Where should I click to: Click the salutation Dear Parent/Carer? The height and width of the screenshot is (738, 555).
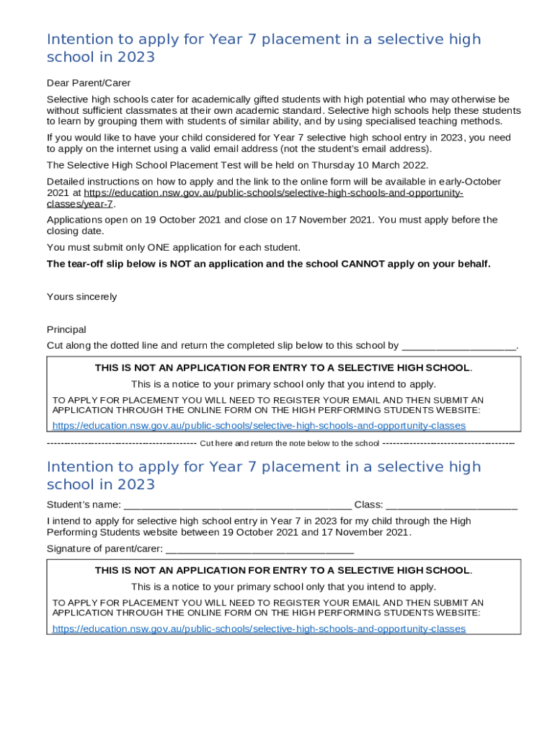coord(89,83)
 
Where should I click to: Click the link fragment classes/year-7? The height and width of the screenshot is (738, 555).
coord(80,204)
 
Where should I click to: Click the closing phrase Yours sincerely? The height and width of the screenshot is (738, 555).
coord(81,297)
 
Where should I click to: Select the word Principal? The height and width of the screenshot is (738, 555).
coord(66,329)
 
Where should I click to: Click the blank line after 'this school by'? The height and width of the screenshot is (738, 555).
coord(458,346)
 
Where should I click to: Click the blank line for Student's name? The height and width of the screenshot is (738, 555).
coord(237,504)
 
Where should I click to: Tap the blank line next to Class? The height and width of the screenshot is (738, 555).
coord(451,504)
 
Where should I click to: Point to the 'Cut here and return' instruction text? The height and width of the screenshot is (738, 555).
coord(289,443)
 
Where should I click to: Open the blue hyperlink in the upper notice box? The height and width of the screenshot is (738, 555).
coord(259,426)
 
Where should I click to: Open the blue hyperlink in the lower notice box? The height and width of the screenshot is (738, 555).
coord(259,628)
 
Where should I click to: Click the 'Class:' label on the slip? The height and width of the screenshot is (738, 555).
coord(368,504)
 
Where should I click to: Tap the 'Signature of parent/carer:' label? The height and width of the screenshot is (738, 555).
coord(105,548)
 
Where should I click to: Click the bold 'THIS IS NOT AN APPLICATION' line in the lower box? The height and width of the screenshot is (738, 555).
coord(283,570)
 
